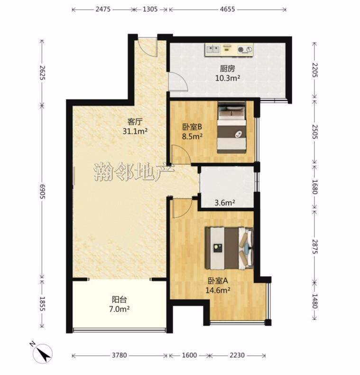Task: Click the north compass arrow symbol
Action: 43,353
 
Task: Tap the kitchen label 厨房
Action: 227,69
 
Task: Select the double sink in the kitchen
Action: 213,49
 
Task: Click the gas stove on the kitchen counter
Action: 245,49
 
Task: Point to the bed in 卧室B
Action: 231,127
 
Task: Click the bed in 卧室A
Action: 229,248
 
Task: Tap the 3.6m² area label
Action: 225,203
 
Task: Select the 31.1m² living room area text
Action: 135,131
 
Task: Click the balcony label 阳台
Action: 119,300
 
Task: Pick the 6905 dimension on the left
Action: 42,191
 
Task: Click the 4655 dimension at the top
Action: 227,9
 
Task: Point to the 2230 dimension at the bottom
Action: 237,356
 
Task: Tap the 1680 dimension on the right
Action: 314,187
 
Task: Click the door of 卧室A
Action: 184,208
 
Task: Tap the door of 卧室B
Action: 183,155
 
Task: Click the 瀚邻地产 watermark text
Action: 134,172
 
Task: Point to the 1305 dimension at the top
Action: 150,9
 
